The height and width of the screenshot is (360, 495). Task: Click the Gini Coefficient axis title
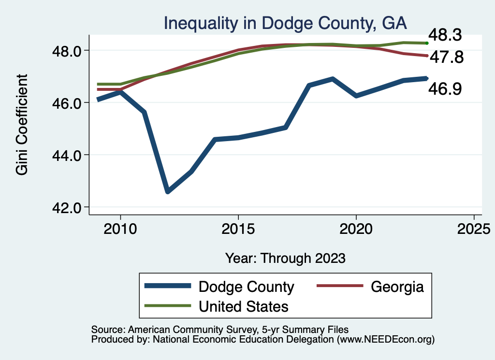tap(22, 125)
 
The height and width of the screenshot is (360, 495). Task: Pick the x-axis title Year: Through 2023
tap(286, 258)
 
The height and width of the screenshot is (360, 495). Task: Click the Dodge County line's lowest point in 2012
tap(168, 191)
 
